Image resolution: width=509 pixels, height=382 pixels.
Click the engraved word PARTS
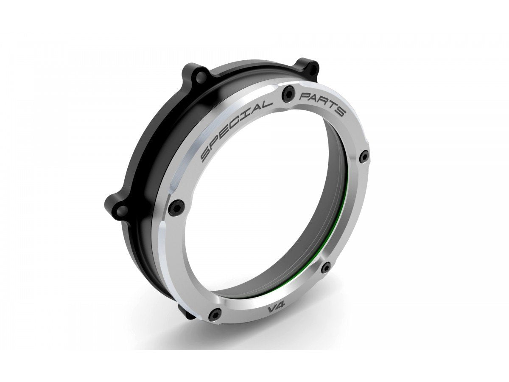[323, 103]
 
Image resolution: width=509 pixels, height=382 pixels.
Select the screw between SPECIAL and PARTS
[288, 91]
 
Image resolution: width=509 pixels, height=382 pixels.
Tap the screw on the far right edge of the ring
[363, 157]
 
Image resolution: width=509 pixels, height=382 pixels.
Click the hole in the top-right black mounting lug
[312, 67]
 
